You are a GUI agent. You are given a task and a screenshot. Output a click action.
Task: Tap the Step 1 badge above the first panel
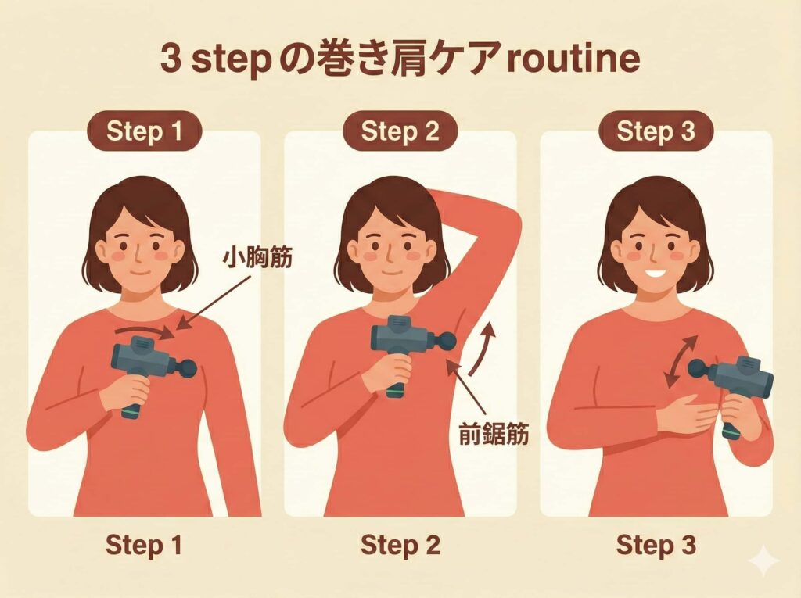coord(145,131)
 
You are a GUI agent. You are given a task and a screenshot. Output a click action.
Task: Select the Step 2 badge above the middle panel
coord(400,131)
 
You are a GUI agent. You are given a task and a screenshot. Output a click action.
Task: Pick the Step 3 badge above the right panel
coord(656,131)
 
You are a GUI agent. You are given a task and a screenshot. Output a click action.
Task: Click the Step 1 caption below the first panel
coord(144,545)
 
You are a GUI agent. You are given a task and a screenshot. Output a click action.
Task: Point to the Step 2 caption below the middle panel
coord(400,545)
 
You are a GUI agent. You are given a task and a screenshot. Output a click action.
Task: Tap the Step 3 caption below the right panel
coord(656,545)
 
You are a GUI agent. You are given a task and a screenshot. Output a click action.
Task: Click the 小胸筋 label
coord(257,257)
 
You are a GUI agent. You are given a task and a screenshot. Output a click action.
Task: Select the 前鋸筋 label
coord(494,434)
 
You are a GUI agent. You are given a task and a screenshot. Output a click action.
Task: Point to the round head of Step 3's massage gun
coord(698,368)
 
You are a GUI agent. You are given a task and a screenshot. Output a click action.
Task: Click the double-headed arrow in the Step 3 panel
coord(681,362)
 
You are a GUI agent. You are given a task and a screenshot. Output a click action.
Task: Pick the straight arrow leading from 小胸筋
coord(214,302)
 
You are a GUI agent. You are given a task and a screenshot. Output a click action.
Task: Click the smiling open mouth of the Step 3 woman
coord(657,273)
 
